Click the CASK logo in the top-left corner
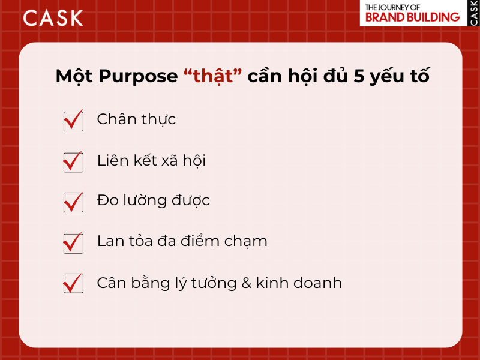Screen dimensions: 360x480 tap(53, 17)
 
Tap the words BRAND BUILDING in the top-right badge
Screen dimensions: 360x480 tap(412, 17)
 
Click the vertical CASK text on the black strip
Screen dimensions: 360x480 tap(473, 13)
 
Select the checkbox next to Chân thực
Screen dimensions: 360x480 tap(73, 121)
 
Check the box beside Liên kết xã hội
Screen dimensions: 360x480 tap(73, 161)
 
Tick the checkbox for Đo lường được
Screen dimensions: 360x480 tap(73, 202)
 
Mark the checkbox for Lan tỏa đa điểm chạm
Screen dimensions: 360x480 tap(73, 242)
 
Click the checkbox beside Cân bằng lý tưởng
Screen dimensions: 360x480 tap(73, 283)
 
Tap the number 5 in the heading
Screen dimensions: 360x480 tap(359, 77)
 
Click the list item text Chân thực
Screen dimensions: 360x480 tap(136, 119)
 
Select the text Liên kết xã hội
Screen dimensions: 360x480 tap(151, 160)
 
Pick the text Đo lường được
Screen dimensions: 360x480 tap(153, 200)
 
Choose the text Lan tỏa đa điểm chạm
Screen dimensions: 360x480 tap(182, 241)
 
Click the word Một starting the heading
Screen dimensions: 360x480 tap(74, 77)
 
